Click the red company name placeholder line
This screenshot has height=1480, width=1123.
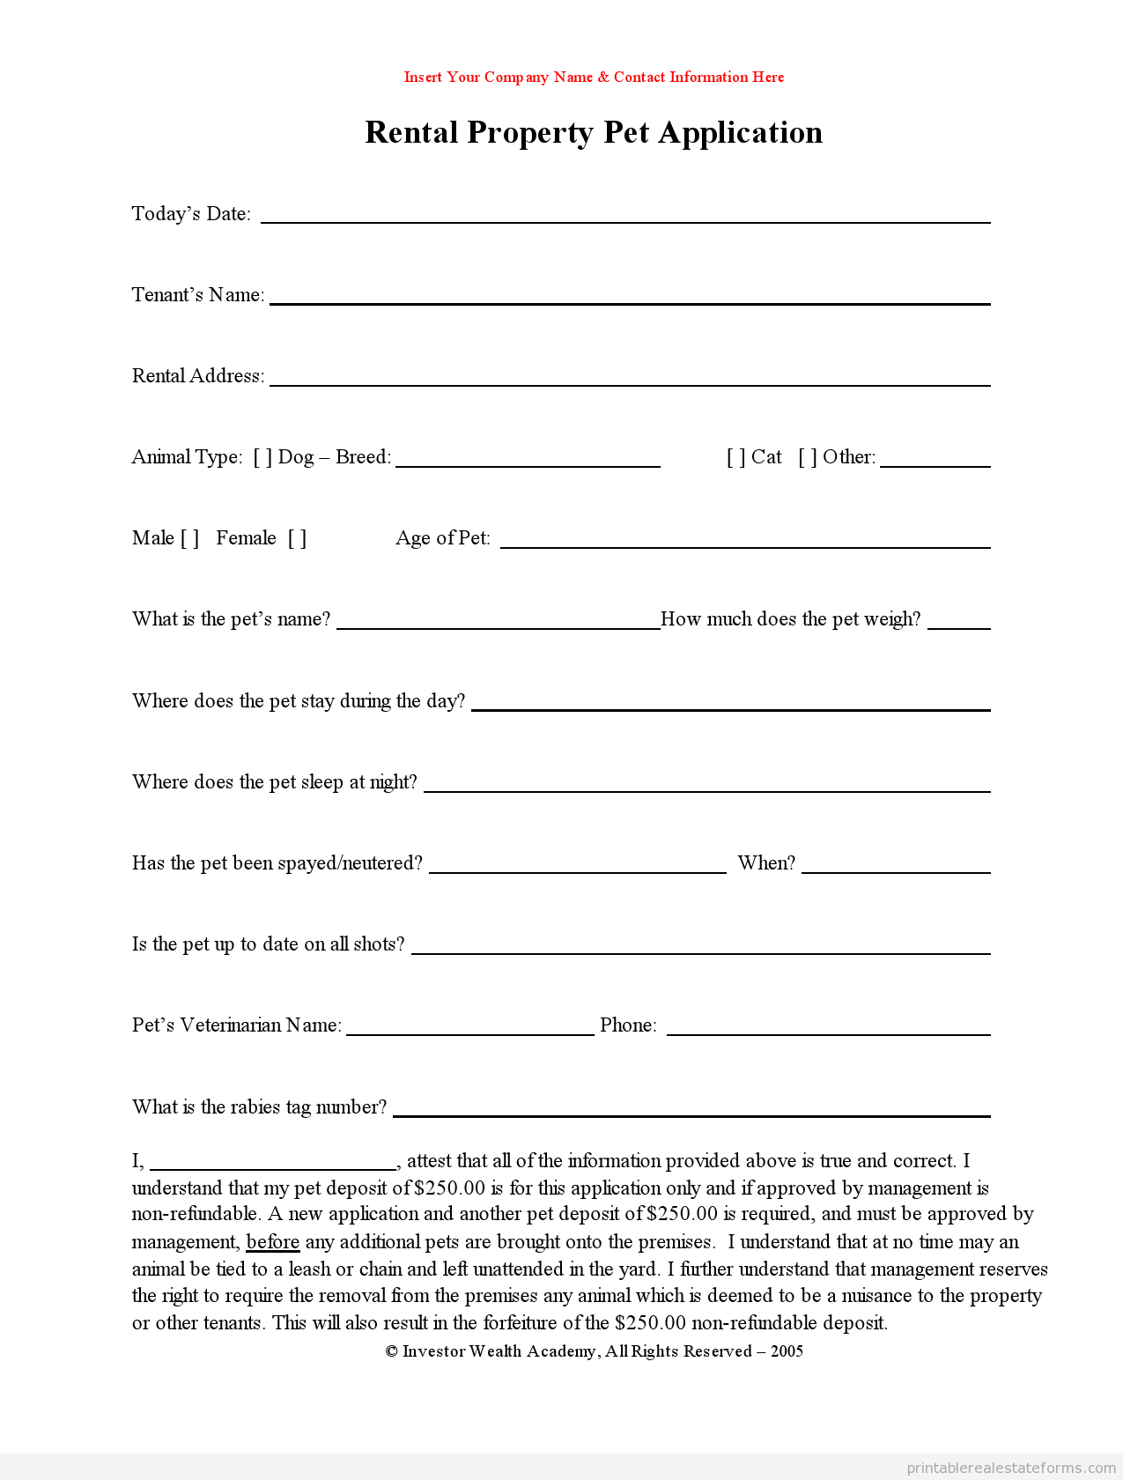(x=594, y=78)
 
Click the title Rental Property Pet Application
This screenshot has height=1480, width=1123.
(x=594, y=132)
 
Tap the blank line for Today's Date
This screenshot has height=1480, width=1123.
(x=625, y=220)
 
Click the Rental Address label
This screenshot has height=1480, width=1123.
(x=198, y=376)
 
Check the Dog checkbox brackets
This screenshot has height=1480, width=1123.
(x=262, y=457)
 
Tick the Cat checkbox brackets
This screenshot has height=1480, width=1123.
(x=736, y=457)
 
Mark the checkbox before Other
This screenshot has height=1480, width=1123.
(x=808, y=457)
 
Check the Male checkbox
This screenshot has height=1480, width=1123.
(x=190, y=538)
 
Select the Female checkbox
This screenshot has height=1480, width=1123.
(x=298, y=538)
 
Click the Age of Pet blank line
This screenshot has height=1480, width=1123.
(x=745, y=545)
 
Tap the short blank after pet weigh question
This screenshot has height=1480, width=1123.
(x=959, y=626)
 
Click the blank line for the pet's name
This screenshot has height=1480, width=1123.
(x=499, y=626)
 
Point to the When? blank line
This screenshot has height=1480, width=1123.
(x=896, y=870)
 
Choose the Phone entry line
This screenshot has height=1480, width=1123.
(x=828, y=1032)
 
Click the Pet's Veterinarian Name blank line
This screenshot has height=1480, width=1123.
(x=470, y=1032)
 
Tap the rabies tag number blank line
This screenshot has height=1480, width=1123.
(x=691, y=1114)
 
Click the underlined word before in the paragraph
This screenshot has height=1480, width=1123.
(x=273, y=1242)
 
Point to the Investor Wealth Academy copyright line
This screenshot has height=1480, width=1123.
(x=594, y=1351)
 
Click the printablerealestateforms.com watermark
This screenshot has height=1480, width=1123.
(x=1011, y=1468)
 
